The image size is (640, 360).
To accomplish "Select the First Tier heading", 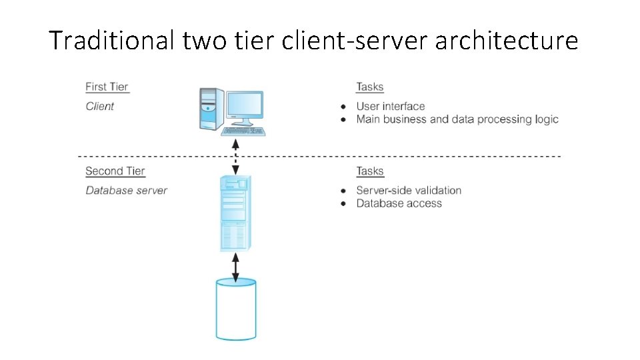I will tap(107, 87).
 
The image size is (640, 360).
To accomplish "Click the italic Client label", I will tap(100, 106).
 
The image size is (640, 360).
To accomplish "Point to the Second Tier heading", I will tap(115, 171).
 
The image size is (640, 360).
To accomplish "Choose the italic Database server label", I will tap(126, 190).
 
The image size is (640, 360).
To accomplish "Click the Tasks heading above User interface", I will tap(370, 87).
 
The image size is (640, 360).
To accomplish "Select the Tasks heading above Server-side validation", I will tap(370, 171).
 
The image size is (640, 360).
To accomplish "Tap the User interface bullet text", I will tap(390, 106).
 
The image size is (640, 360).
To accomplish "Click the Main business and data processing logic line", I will tap(457, 119).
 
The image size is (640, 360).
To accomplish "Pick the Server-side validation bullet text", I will tap(409, 190).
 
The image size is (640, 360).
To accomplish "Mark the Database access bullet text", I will tap(399, 203).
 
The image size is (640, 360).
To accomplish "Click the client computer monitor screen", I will tap(244, 105).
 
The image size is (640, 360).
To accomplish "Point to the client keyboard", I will tap(243, 131).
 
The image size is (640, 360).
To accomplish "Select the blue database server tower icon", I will tap(235, 213).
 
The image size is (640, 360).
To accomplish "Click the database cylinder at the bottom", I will tap(236, 310).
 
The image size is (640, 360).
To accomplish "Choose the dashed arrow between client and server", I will tap(235, 157).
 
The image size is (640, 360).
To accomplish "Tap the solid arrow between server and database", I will tap(235, 266).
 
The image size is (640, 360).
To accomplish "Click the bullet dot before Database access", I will tap(343, 204).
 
